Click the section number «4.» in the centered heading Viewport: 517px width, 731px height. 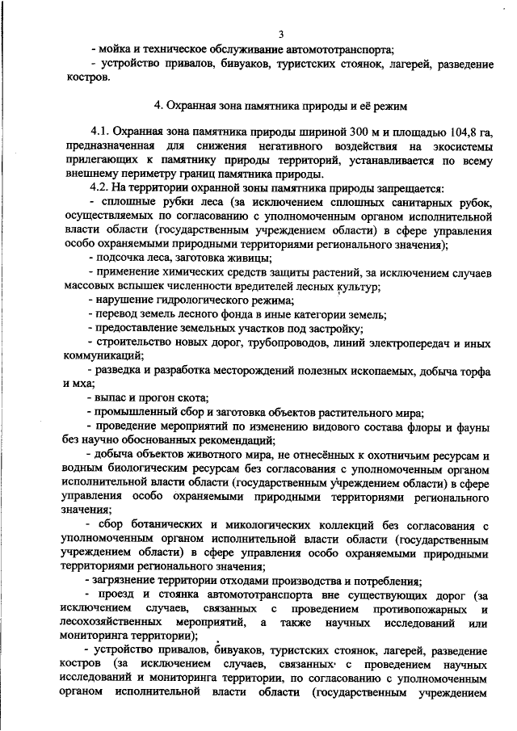[x=159, y=106]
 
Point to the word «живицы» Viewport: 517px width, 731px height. [x=245, y=258]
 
